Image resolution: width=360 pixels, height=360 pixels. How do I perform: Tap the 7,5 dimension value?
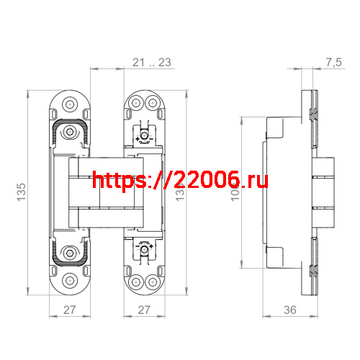[x=333, y=63]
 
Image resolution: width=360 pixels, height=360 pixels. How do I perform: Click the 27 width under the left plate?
[x=69, y=310]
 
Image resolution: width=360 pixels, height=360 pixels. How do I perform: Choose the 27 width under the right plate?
[x=144, y=310]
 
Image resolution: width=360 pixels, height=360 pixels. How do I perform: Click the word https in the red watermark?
[x=118, y=180]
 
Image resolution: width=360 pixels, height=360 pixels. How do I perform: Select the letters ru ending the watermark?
[x=258, y=180]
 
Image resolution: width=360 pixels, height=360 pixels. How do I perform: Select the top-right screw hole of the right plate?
[x=153, y=102]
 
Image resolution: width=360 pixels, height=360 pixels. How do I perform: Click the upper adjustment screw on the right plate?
[x=145, y=134]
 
